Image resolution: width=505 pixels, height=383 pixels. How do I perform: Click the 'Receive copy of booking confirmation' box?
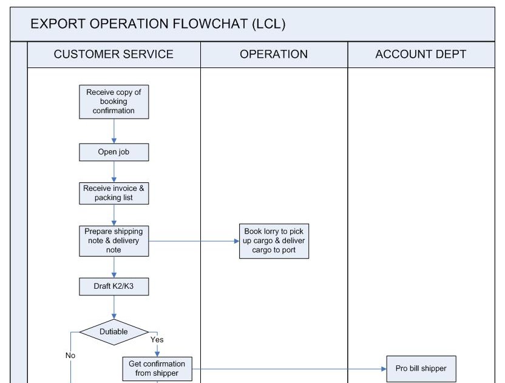114,102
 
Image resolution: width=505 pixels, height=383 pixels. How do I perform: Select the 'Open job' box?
114,152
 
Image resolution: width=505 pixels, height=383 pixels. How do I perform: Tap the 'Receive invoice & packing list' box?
114,193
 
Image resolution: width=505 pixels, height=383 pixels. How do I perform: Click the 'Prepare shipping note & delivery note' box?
114,241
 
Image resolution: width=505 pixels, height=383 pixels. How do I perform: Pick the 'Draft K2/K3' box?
114,286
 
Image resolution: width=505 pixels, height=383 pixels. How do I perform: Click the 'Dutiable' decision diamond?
114,332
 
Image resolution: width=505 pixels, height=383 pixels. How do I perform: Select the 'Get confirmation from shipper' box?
157,368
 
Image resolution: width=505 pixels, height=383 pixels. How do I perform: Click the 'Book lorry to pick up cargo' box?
274,241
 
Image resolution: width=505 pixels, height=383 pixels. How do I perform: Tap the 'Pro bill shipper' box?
416,368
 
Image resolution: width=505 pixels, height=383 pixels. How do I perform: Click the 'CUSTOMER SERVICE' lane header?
114,54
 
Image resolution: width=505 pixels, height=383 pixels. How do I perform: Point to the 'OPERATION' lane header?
274,54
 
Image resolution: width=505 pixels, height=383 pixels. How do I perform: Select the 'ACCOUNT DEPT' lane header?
421,54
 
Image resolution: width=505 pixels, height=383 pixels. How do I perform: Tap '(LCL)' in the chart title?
268,24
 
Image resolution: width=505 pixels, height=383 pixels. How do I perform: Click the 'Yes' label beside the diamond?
157,340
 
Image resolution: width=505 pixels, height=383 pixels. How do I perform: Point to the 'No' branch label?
70,356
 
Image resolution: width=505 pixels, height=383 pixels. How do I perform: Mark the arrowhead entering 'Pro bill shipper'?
384,368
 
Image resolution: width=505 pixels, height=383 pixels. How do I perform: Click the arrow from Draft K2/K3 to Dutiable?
114,307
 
